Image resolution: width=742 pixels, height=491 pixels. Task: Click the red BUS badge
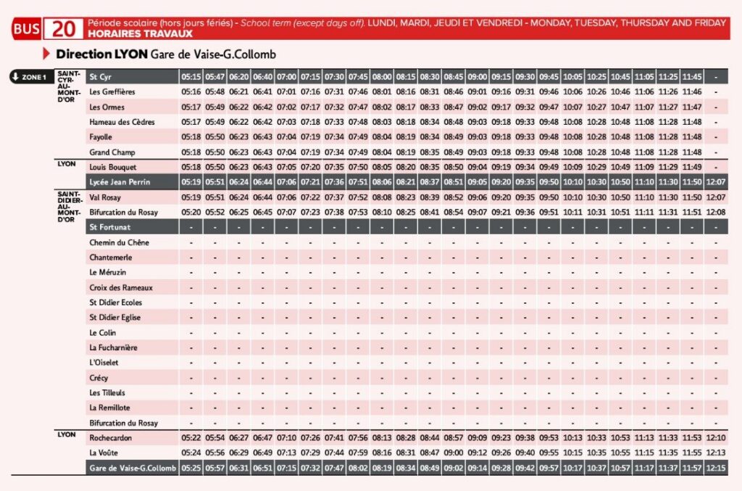click(x=27, y=29)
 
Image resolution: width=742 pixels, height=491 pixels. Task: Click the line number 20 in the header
click(x=64, y=29)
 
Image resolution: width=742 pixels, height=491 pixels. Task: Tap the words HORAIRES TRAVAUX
click(x=140, y=33)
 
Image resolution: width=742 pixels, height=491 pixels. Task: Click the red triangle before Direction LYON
click(x=46, y=54)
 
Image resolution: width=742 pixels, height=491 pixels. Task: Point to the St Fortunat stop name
click(x=110, y=227)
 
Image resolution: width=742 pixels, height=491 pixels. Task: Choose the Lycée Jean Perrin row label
click(x=120, y=182)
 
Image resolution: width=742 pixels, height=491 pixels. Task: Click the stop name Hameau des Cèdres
click(x=122, y=122)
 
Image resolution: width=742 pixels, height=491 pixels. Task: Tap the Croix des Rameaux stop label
click(x=121, y=287)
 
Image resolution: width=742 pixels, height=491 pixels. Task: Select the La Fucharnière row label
click(x=113, y=347)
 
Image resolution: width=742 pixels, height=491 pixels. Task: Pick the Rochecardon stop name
click(x=111, y=438)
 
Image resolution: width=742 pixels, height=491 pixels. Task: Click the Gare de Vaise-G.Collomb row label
click(x=133, y=469)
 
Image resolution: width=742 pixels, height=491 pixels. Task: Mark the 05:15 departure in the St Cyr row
click(x=191, y=77)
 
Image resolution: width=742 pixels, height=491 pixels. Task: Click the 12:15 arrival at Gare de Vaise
click(x=715, y=469)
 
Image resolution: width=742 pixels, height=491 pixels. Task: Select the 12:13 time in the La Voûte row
click(x=715, y=453)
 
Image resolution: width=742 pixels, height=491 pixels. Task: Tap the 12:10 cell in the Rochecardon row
click(x=715, y=438)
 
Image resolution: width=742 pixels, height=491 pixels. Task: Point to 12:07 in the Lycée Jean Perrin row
click(x=715, y=182)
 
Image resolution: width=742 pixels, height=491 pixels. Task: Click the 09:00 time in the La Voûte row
click(x=454, y=453)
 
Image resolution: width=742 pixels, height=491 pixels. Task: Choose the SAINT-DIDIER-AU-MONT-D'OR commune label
click(x=69, y=207)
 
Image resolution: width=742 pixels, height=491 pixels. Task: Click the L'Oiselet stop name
click(x=104, y=363)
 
